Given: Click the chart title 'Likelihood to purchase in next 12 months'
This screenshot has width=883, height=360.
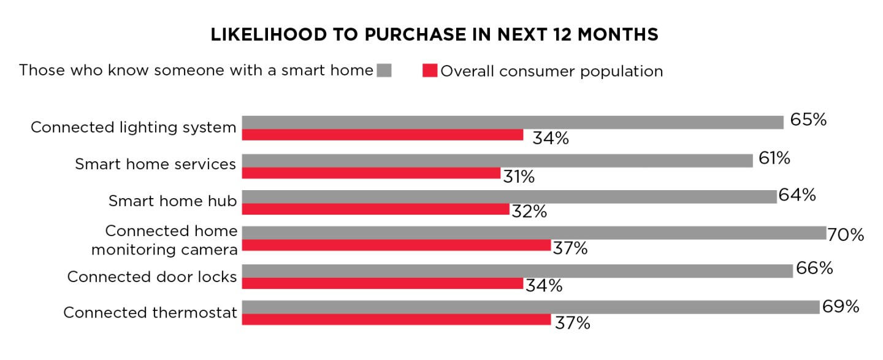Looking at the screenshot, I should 434,35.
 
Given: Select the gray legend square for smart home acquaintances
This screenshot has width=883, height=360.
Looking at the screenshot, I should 384,71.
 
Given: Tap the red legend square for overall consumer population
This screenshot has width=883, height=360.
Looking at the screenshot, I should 430,71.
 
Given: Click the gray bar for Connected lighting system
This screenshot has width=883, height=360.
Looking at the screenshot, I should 513,122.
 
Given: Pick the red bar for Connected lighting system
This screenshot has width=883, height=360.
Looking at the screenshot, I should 382,135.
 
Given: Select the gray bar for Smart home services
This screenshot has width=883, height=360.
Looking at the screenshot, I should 497,160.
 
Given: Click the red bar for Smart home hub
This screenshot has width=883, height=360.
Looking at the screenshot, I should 375,209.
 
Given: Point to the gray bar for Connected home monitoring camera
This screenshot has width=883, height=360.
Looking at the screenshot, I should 534,233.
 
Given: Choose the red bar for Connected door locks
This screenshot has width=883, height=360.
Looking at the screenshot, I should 382,283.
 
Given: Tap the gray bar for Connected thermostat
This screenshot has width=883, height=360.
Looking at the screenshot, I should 530,307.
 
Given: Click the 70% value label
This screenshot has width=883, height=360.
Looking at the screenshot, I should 846,234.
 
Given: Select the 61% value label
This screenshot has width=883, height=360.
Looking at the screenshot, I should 773,158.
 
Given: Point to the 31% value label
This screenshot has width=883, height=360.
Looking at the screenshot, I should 519,177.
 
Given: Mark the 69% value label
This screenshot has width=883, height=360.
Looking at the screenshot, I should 840,307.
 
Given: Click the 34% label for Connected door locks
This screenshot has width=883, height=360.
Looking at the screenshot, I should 544,286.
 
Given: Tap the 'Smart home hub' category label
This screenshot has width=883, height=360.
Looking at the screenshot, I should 172,201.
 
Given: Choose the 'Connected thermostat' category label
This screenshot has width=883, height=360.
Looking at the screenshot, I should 150,313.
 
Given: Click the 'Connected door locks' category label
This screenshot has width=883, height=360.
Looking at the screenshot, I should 151,277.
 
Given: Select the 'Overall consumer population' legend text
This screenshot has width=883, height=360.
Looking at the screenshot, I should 552,71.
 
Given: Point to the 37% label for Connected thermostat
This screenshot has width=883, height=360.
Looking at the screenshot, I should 572,323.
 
